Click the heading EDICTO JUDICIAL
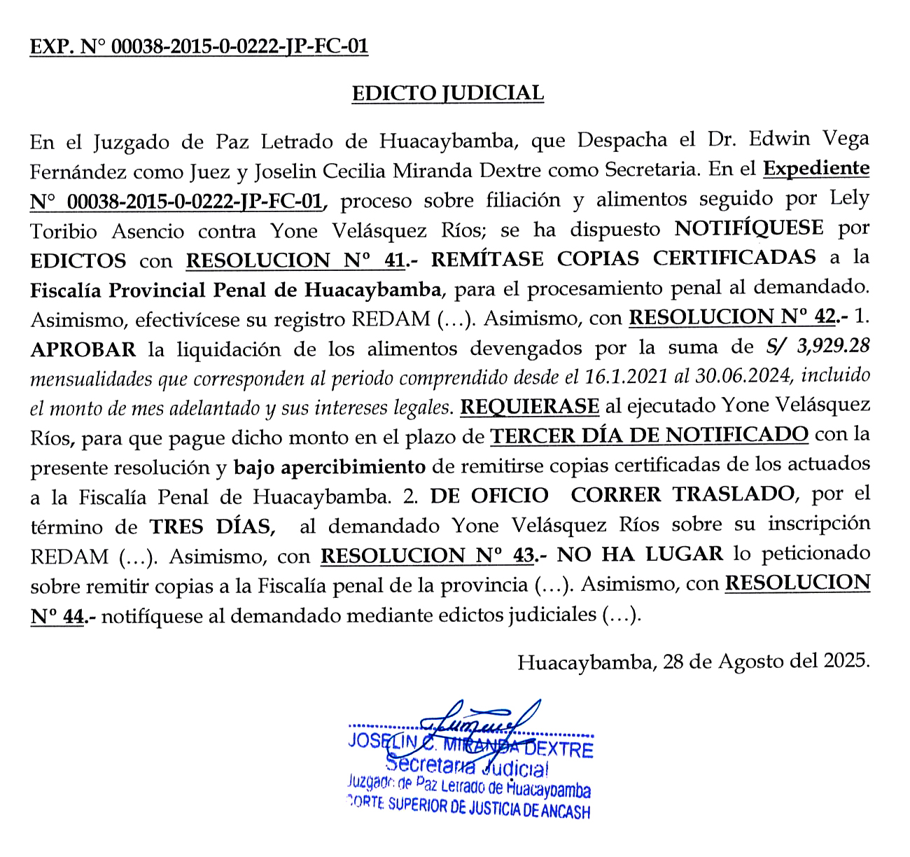click(447, 93)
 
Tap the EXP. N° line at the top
click(199, 47)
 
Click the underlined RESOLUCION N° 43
click(427, 555)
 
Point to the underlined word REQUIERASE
click(529, 406)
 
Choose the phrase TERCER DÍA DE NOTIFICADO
click(649, 436)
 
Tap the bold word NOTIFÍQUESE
click(748, 229)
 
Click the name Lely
click(849, 199)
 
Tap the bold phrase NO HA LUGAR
click(640, 554)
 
